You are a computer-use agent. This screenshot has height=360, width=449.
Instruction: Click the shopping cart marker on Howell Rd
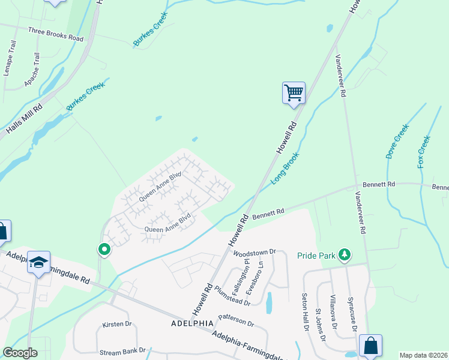(x=294, y=93)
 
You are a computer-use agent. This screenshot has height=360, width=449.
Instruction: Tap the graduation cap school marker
(x=38, y=262)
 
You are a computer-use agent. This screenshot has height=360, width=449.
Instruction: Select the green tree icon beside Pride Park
(x=345, y=255)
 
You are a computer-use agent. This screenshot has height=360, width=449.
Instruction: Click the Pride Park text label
(x=316, y=256)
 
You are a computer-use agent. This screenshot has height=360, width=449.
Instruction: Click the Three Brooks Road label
(x=55, y=33)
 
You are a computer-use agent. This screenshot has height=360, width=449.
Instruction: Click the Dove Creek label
(x=397, y=141)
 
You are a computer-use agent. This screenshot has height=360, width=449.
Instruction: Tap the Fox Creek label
(x=424, y=151)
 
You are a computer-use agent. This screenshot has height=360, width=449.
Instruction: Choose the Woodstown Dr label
(x=254, y=253)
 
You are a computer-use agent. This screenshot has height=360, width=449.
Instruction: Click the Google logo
(x=20, y=353)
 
